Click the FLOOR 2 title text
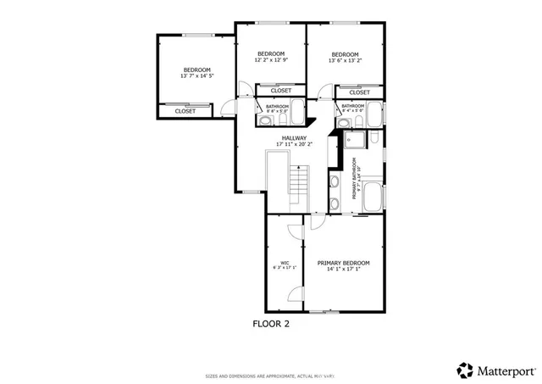tap(272, 323)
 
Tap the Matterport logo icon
tap(465, 370)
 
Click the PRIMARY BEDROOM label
tap(344, 263)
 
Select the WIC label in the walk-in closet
tap(285, 263)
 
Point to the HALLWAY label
tap(294, 138)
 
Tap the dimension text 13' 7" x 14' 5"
tap(196, 76)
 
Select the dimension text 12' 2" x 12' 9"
tap(270, 60)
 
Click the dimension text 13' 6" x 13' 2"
tap(345, 60)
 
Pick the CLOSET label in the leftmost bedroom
tap(185, 111)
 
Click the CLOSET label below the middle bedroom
tap(281, 91)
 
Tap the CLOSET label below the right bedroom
tap(359, 92)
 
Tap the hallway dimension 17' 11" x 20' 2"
tap(294, 145)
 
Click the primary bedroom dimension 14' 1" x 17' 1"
tap(344, 270)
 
